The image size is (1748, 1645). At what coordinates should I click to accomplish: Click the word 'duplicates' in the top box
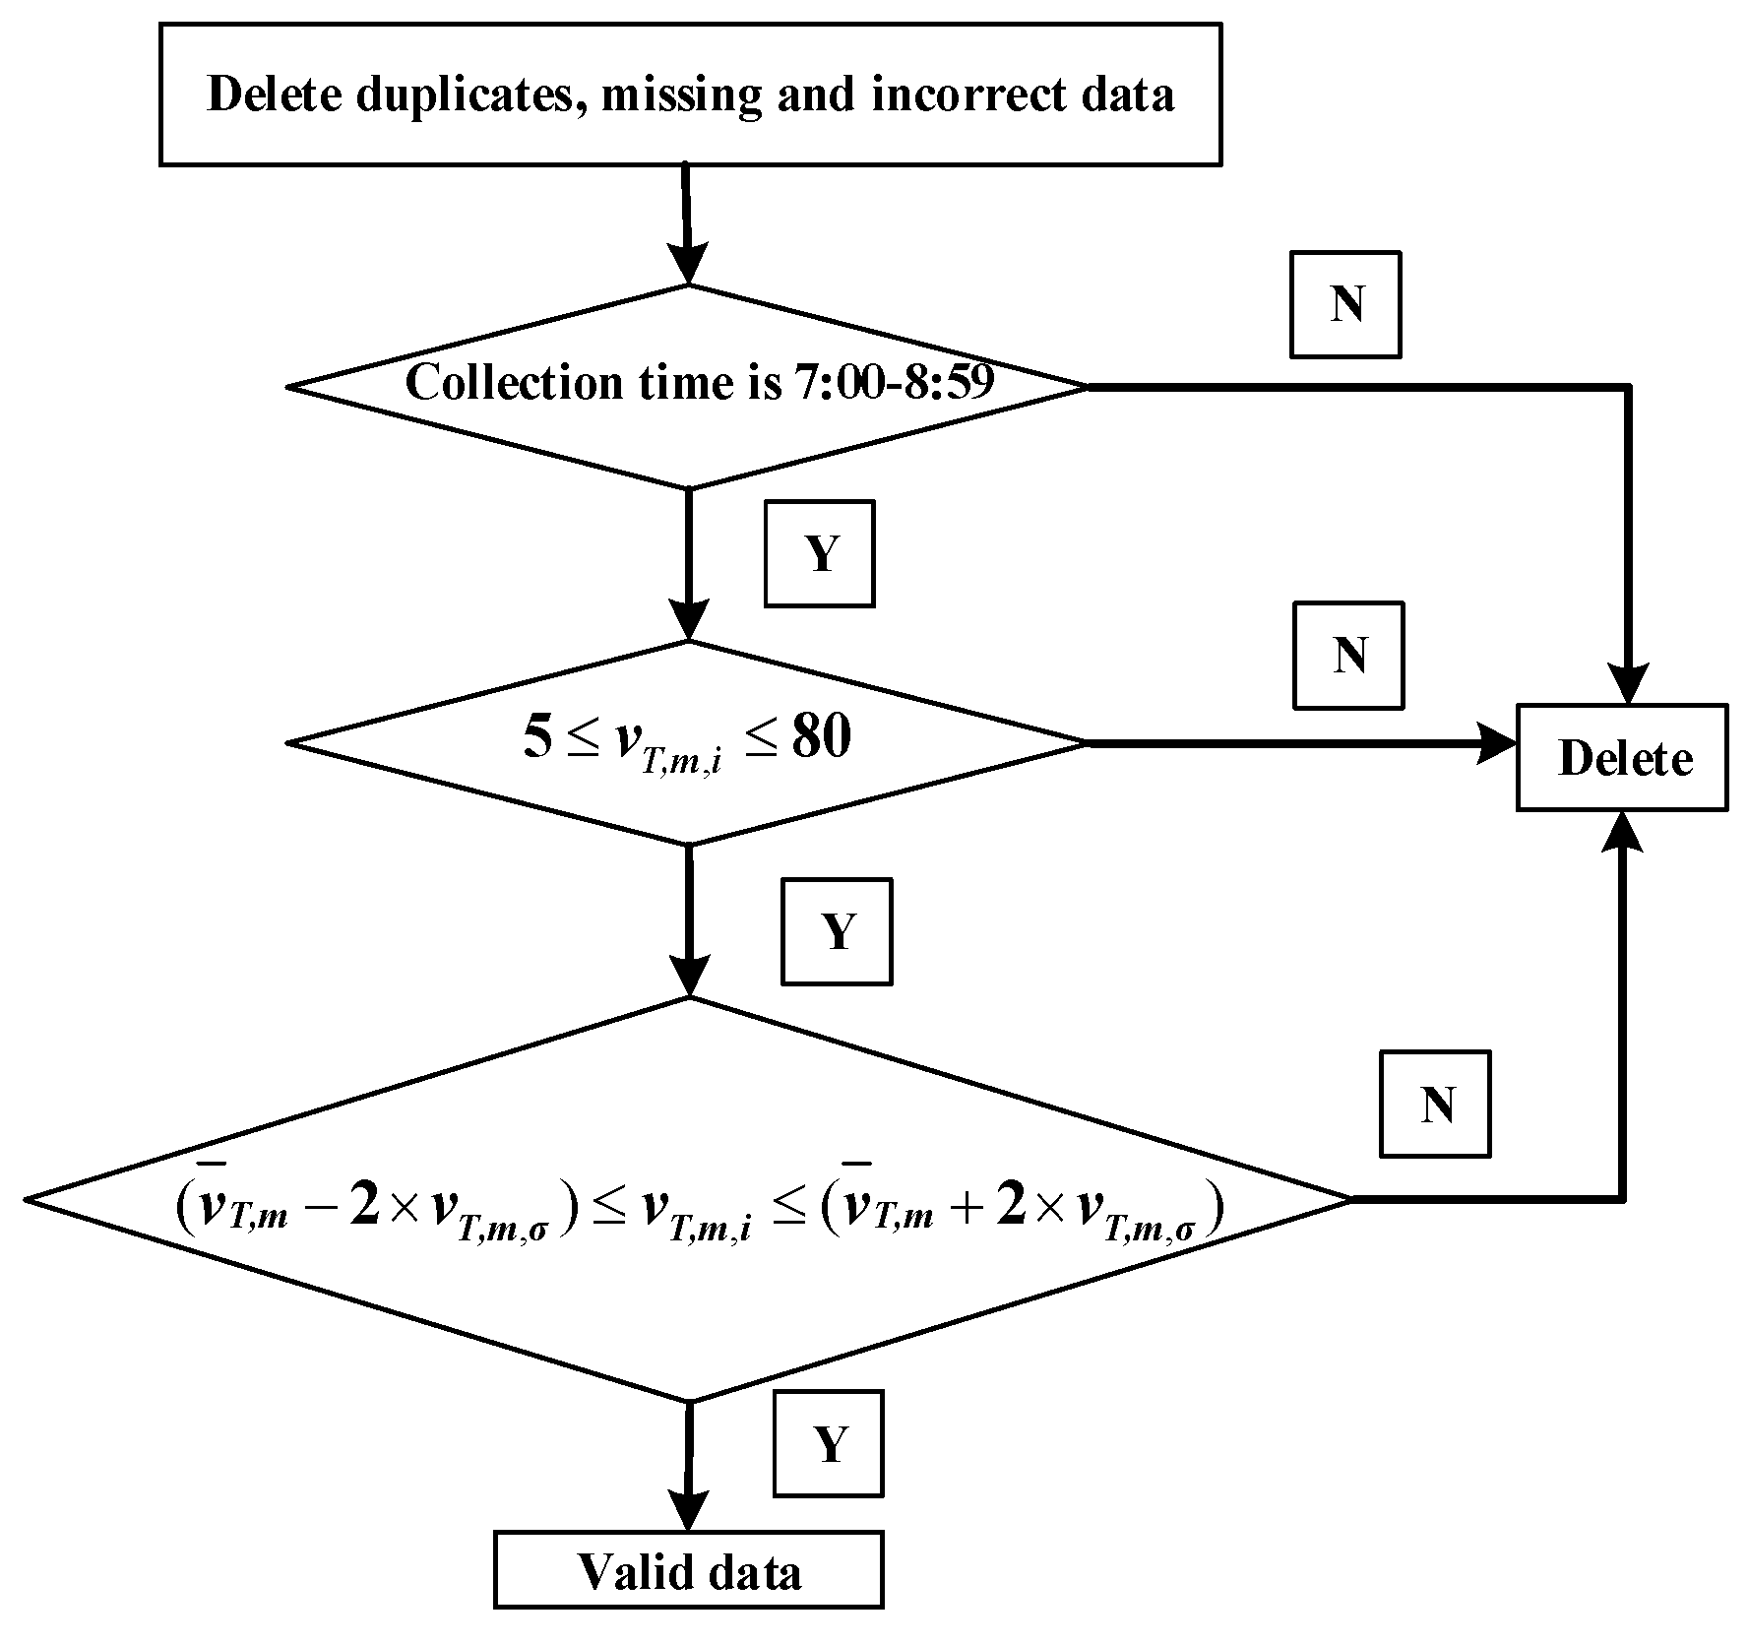point(462,95)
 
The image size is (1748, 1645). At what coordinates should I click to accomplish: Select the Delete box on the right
point(1622,757)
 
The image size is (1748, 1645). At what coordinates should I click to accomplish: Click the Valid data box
point(688,1572)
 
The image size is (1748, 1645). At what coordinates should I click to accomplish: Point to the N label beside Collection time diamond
point(1345,304)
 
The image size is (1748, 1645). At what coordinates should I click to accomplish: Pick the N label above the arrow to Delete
point(1347,656)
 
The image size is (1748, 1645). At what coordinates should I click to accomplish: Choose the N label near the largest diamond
point(1435,1104)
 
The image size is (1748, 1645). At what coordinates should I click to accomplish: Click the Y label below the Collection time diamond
point(819,554)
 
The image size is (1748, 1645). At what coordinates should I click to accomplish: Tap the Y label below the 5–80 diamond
point(837,931)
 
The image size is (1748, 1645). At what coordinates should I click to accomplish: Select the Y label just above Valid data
point(828,1443)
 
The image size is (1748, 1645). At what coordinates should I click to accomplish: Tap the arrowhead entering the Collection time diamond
point(688,263)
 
